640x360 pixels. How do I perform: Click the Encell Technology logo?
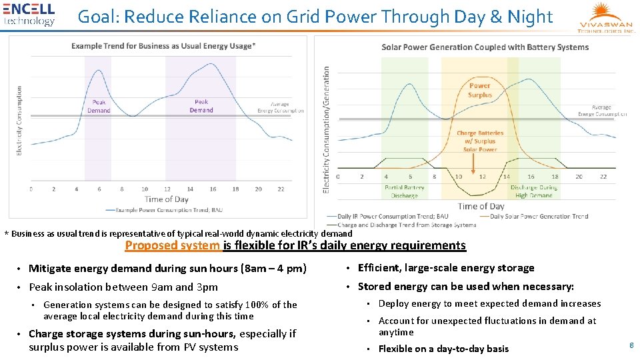pyautogui.click(x=29, y=15)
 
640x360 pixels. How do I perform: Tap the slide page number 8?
pyautogui.click(x=631, y=345)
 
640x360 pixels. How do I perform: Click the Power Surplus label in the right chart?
pyautogui.click(x=479, y=90)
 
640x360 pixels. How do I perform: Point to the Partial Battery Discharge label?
pyautogui.click(x=404, y=191)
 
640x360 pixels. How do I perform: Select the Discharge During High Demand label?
pyautogui.click(x=533, y=191)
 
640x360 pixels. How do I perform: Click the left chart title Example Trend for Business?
pyautogui.click(x=163, y=46)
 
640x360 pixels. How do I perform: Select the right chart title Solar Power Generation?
pyautogui.click(x=485, y=47)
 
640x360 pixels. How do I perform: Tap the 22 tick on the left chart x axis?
pyautogui.click(x=281, y=189)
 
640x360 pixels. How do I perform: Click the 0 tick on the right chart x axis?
pyautogui.click(x=338, y=177)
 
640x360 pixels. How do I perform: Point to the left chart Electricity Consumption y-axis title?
pyautogui.click(x=19, y=121)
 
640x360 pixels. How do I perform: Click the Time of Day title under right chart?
pyautogui.click(x=481, y=206)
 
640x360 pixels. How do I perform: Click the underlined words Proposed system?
pyautogui.click(x=173, y=245)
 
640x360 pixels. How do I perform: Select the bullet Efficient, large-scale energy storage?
pyautogui.click(x=445, y=268)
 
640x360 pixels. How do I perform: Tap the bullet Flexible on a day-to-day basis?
pyautogui.click(x=443, y=349)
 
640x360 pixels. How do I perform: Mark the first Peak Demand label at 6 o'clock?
pyautogui.click(x=99, y=106)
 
